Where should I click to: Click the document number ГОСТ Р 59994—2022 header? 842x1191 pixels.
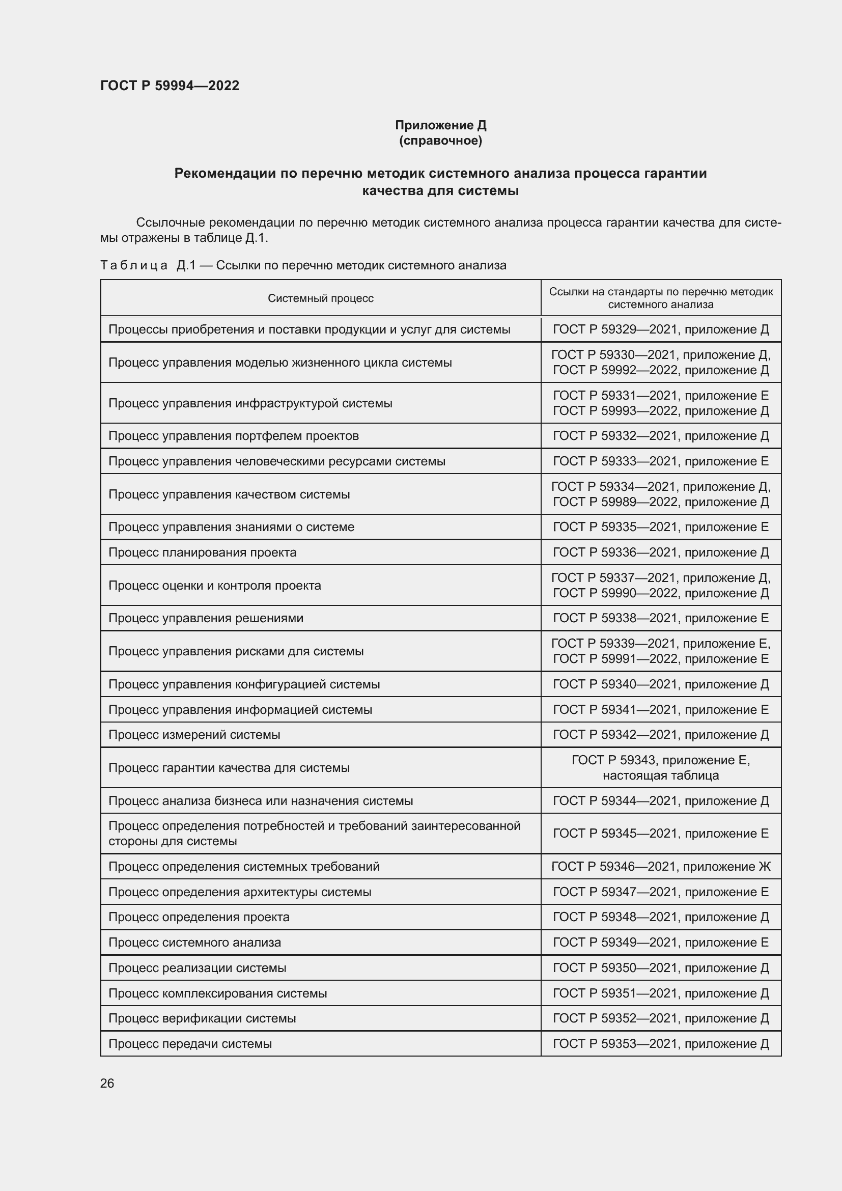tap(170, 86)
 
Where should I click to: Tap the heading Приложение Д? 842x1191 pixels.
tap(440, 125)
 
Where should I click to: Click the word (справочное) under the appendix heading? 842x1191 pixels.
tap(440, 141)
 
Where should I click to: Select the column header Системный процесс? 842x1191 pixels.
tap(320, 298)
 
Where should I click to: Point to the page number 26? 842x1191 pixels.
tap(107, 1083)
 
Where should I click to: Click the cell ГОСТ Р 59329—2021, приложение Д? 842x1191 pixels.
tap(661, 329)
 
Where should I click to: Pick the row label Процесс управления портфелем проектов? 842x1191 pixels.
tap(233, 436)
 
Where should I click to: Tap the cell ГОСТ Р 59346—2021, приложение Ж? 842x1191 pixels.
tap(661, 866)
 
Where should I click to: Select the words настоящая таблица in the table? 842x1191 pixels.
tap(661, 775)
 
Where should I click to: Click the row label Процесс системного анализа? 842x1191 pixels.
tap(194, 943)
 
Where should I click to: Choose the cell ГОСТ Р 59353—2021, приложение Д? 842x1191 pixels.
tap(661, 1044)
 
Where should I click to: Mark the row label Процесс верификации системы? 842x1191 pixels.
tap(202, 1018)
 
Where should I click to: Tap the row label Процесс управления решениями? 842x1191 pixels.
tap(206, 618)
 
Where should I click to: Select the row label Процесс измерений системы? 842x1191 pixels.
tap(194, 735)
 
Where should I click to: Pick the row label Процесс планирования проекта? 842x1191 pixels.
tap(202, 552)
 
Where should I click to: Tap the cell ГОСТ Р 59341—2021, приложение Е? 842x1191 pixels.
tap(661, 710)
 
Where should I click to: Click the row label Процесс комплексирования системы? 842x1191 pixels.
tap(218, 993)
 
